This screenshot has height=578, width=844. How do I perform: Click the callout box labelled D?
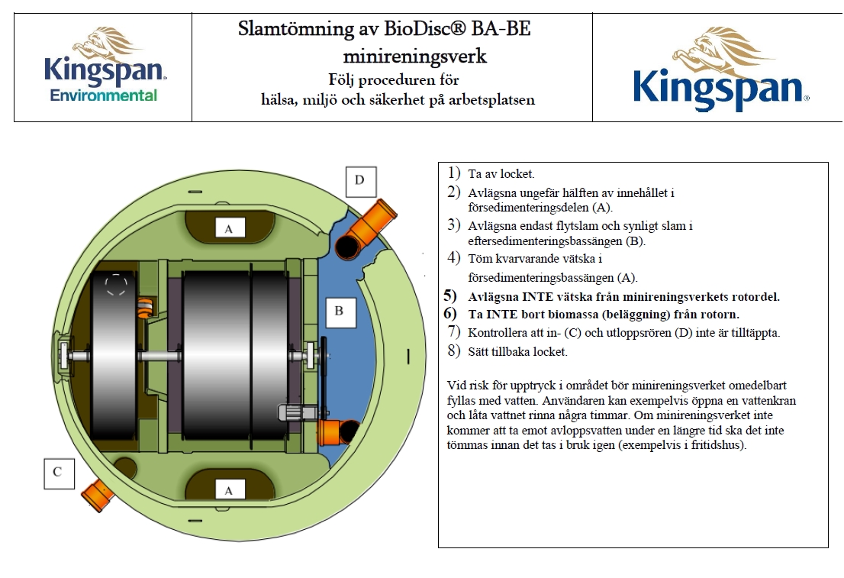(x=359, y=181)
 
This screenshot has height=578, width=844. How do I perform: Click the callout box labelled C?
(x=57, y=472)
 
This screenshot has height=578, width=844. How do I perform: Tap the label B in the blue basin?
(x=339, y=311)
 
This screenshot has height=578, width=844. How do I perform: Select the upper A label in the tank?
(x=228, y=227)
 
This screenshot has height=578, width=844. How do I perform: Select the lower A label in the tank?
(x=228, y=491)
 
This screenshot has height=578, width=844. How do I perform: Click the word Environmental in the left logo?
(x=104, y=95)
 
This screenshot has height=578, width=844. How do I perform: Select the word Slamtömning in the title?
(x=285, y=31)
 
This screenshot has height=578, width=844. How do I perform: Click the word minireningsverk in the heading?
(x=414, y=56)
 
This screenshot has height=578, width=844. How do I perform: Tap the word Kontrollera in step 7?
(x=497, y=333)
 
